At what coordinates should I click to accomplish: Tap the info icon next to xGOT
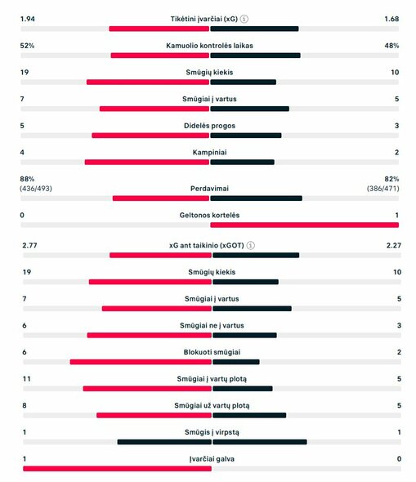pos(251,245)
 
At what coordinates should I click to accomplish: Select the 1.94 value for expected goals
pos(28,19)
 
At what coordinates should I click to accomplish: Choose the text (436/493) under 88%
pos(37,189)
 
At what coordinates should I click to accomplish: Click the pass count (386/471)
pos(382,189)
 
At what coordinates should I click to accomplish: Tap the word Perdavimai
pos(210,189)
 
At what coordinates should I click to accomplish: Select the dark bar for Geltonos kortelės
pos(304,225)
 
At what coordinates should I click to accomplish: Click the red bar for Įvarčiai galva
pos(117,468)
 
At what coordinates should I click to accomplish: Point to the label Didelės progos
pos(210,126)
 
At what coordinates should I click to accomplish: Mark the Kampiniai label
pos(210,153)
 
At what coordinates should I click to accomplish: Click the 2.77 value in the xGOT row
pos(30,245)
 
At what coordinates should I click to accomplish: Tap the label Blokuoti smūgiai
pos(210,352)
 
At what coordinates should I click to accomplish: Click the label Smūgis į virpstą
pos(210,432)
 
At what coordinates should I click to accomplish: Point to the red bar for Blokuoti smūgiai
pos(140,362)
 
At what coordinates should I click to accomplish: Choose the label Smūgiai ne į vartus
pos(210,325)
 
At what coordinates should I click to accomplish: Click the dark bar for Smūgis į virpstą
pos(259,442)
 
